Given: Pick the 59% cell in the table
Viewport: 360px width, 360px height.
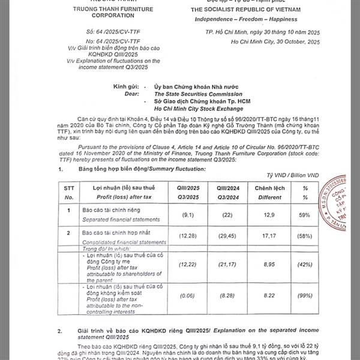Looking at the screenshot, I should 306,214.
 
